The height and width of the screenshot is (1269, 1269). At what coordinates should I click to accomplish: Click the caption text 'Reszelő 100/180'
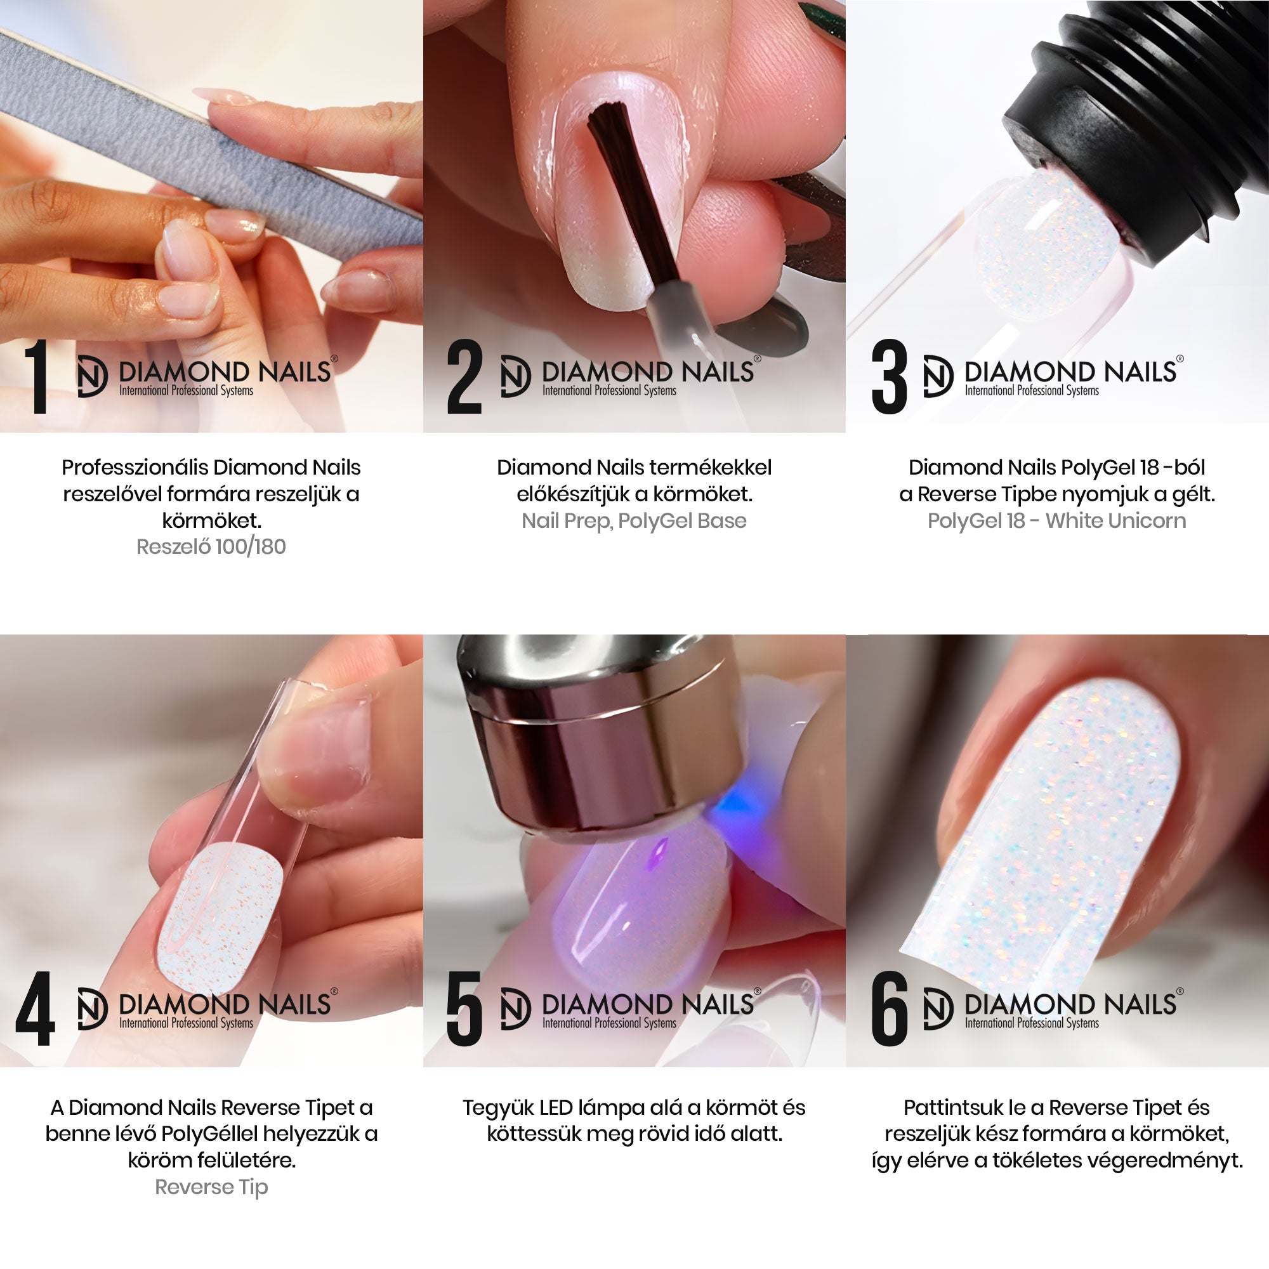click(211, 547)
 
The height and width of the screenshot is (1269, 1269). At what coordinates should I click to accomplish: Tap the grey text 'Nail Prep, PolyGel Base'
click(634, 521)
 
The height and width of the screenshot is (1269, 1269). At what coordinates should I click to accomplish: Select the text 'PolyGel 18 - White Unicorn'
click(1057, 521)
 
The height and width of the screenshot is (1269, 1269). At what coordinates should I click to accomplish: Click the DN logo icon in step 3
click(937, 376)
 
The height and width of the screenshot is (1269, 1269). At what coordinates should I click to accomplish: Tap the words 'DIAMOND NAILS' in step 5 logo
click(648, 1004)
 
